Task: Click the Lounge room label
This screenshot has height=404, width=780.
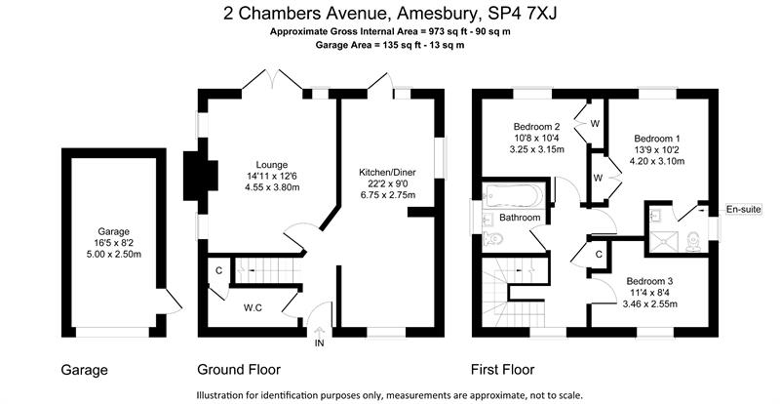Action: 272,165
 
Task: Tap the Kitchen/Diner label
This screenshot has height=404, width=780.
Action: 387,173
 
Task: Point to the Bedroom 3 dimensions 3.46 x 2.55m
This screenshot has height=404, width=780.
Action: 649,303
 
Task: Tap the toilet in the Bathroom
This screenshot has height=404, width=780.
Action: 493,240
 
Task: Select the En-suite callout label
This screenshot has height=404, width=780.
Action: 744,209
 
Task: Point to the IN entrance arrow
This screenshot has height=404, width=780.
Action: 319,332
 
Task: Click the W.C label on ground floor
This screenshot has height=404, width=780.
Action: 253,308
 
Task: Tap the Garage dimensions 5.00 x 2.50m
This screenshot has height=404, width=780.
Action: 113,254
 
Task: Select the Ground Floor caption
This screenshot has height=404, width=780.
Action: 239,370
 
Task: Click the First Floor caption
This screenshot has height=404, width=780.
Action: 503,370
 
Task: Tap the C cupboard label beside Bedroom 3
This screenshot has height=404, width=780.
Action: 599,255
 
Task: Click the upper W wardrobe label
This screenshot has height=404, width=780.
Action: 595,124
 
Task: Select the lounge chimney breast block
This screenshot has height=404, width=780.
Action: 201,176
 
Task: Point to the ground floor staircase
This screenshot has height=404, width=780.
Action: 268,269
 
